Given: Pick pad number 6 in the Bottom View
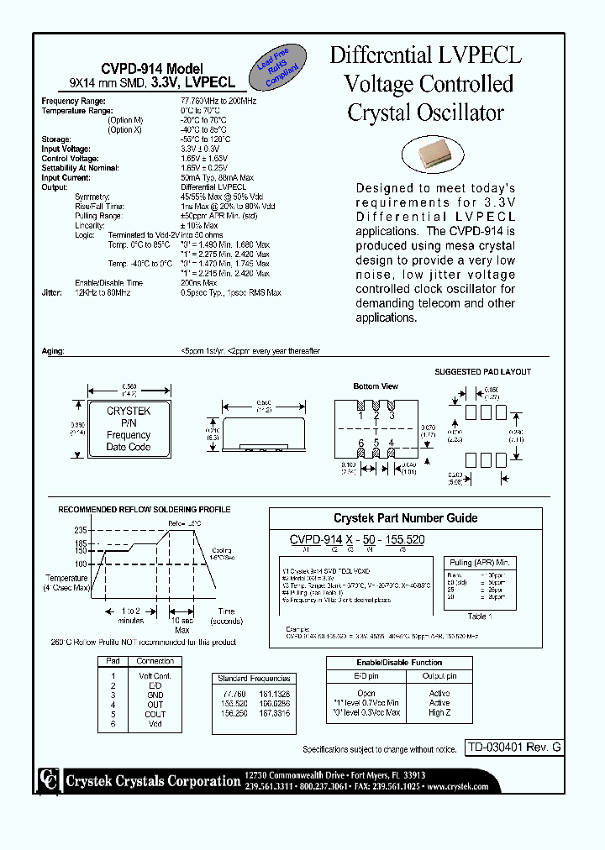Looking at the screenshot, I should [x=360, y=443].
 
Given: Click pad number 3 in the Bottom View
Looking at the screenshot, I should [x=391, y=415].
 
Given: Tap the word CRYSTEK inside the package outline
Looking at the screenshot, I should [x=129, y=412].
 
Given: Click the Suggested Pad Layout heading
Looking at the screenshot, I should [x=482, y=371].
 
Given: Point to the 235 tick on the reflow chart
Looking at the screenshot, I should [x=81, y=530].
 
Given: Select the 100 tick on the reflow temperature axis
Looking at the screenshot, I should [x=81, y=564].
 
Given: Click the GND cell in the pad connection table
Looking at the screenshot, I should [x=155, y=695].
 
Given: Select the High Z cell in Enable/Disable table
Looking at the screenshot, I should [x=439, y=712].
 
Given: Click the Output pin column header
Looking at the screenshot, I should [x=439, y=675].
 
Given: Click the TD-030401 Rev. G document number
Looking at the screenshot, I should [x=513, y=748].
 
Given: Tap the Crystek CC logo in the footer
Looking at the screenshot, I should [x=50, y=780].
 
